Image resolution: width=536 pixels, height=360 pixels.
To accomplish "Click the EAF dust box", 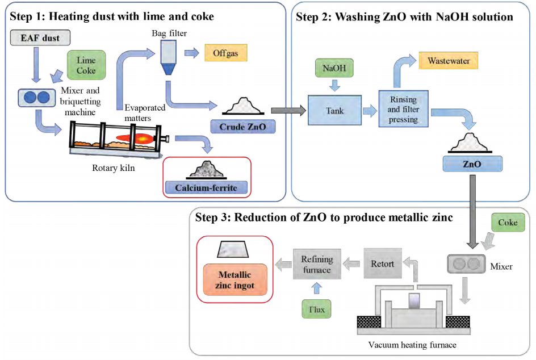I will (40, 39).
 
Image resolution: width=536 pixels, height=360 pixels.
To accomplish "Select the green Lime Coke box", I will (86, 65).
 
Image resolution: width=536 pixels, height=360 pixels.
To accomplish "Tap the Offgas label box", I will (225, 53).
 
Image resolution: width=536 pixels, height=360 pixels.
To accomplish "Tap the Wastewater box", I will (449, 60).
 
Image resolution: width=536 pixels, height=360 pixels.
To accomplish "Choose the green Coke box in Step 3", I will (508, 223).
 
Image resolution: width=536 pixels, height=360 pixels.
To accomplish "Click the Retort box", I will (382, 263).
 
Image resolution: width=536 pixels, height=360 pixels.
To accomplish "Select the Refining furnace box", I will (317, 264).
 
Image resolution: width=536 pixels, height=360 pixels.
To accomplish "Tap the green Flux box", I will (317, 309).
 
